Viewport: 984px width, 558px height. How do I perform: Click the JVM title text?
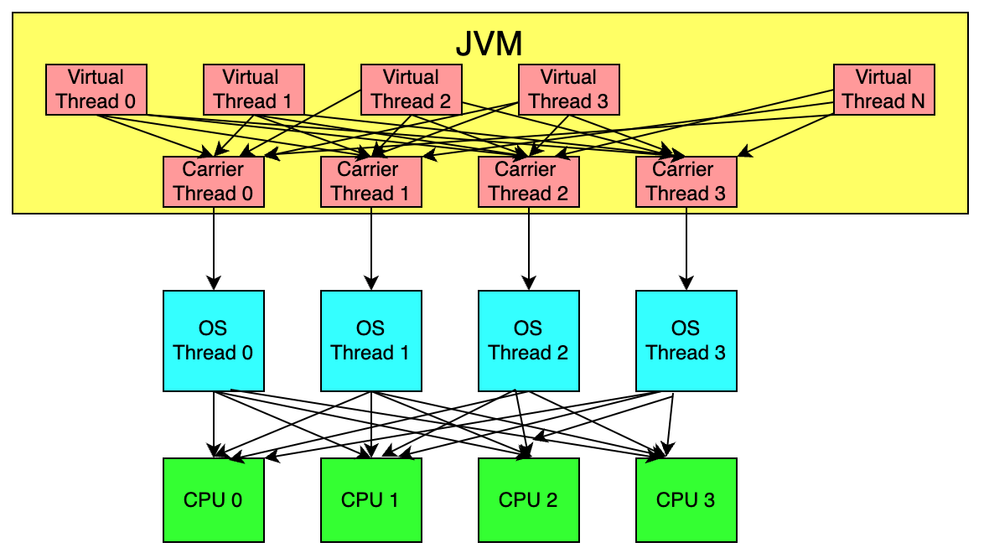point(489,43)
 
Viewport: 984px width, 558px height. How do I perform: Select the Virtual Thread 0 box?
point(96,90)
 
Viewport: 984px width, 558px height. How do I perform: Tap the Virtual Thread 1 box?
point(254,90)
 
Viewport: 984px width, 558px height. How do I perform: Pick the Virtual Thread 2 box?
point(411,90)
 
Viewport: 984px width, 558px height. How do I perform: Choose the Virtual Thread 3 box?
point(569,90)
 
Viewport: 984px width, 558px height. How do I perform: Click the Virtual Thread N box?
point(883,90)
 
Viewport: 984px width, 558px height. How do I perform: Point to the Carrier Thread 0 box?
point(214,182)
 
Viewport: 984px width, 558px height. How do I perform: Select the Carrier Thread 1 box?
point(371,182)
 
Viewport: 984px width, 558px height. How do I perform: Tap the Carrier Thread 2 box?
point(529,182)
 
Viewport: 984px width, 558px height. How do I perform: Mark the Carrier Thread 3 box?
point(686,182)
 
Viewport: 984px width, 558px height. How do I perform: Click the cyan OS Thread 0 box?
point(214,341)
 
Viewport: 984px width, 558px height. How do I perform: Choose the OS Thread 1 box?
point(371,341)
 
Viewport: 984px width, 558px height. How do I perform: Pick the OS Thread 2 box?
point(529,341)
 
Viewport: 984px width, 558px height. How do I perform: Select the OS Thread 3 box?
point(686,341)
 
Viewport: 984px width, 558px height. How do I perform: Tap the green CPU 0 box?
point(214,500)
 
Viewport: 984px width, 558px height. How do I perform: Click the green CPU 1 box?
point(371,500)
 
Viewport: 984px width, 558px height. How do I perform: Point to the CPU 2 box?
point(529,500)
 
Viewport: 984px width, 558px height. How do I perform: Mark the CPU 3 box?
point(686,500)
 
